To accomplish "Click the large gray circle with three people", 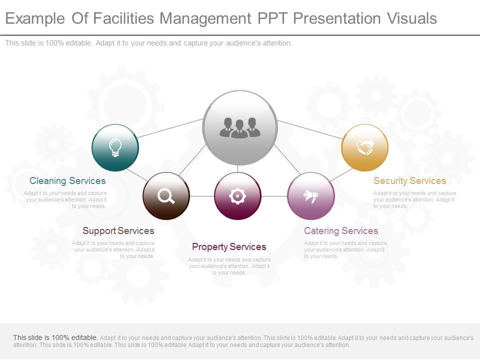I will pyautogui.click(x=240, y=128).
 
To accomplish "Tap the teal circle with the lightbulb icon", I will pyautogui.click(x=115, y=148).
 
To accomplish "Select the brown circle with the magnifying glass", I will pyautogui.click(x=166, y=196).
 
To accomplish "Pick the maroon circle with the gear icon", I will pyautogui.click(x=237, y=196).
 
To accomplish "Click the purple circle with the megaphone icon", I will pyautogui.click(x=310, y=196).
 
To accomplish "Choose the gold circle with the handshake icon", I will pyautogui.click(x=364, y=147).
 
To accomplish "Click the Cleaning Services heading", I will pyautogui.click(x=67, y=180).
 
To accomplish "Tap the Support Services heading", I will pyautogui.click(x=118, y=230).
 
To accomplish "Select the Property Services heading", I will pyautogui.click(x=229, y=246).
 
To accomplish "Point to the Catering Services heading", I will pyautogui.click(x=341, y=230).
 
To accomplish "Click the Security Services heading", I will pyautogui.click(x=409, y=180).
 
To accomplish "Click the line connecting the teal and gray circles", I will pyautogui.click(x=170, y=128).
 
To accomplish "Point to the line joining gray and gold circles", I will pyautogui.click(x=310, y=129).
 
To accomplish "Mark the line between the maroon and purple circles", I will pyautogui.click(x=274, y=196).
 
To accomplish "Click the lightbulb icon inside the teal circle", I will pyautogui.click(x=115, y=147).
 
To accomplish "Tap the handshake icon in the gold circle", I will pyautogui.click(x=364, y=147).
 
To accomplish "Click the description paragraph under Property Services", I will pyautogui.click(x=229, y=266).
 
